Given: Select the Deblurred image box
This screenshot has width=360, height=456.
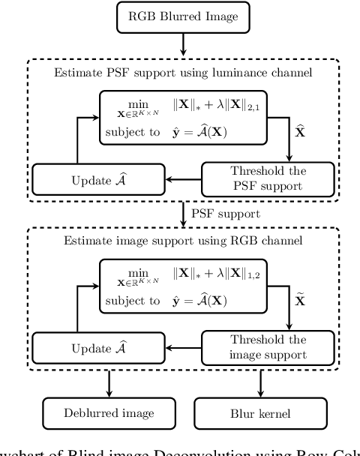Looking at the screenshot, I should click(x=97, y=412).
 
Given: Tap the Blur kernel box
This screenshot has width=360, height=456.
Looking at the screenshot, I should click(x=262, y=412).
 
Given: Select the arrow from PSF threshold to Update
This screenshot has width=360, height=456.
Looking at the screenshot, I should click(x=184, y=178).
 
